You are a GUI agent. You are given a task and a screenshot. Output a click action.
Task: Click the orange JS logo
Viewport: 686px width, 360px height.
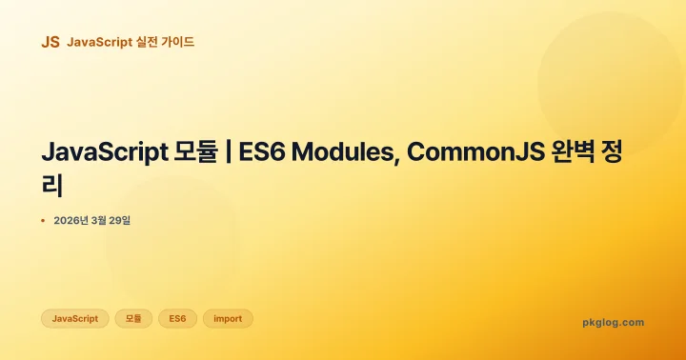(x=50, y=42)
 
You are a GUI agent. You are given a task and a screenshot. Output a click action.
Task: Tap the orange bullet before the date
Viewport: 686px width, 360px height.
(x=43, y=221)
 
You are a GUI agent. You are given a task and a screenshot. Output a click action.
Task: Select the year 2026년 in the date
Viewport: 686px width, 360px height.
(x=71, y=221)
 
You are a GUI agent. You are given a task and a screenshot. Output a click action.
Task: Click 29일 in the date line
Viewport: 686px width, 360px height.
(x=120, y=221)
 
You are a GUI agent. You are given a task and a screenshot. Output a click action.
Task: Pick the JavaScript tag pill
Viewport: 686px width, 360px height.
(x=74, y=318)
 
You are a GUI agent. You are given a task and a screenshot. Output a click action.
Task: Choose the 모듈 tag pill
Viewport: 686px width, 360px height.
(x=133, y=318)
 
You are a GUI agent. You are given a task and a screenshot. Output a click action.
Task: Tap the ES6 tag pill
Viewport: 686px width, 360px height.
(x=177, y=318)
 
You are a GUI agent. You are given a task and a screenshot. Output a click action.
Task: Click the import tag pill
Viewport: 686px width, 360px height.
(x=228, y=318)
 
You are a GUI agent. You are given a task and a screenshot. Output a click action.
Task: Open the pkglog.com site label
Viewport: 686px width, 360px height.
(x=613, y=322)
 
